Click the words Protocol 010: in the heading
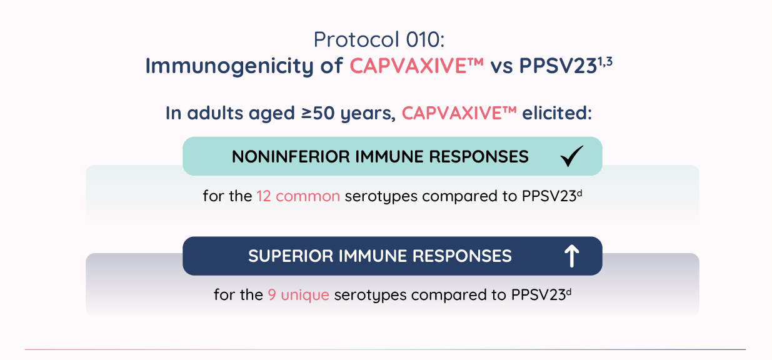379,39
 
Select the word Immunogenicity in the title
230,66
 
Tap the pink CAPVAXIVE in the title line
417,65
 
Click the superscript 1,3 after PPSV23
605,61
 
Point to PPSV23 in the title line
558,66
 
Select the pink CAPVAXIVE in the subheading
459,113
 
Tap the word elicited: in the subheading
557,113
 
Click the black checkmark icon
572,156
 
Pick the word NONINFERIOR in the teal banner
291,157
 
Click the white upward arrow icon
572,256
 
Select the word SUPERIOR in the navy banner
291,256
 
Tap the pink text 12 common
298,196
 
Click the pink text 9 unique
298,295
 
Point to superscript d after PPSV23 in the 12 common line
579,193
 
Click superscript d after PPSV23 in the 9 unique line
569,292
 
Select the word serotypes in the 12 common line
381,197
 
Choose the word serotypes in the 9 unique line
371,296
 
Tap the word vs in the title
501,66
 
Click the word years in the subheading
368,114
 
